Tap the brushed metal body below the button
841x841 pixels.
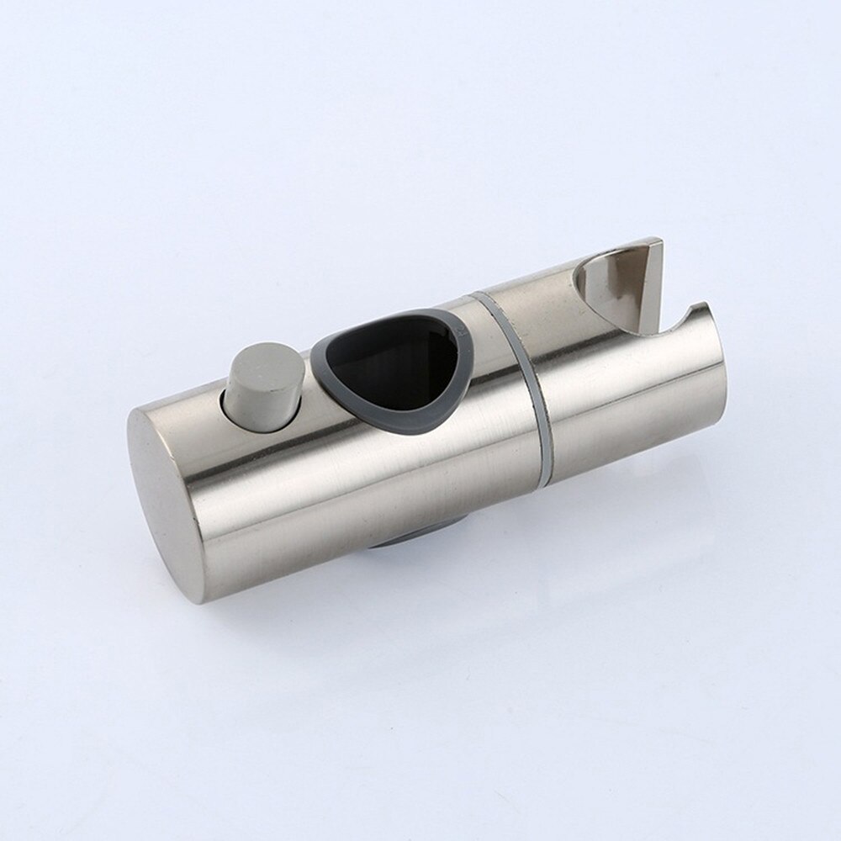pyautogui.click(x=278, y=471)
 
